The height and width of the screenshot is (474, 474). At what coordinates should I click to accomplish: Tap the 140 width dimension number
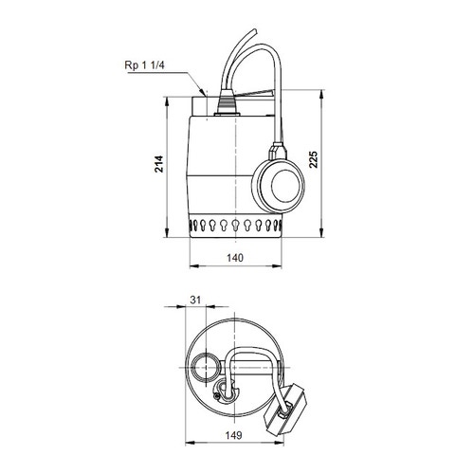(237, 258)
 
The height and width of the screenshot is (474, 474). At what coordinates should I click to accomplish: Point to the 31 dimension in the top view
(196, 301)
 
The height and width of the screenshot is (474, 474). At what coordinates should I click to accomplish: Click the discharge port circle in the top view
(207, 367)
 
